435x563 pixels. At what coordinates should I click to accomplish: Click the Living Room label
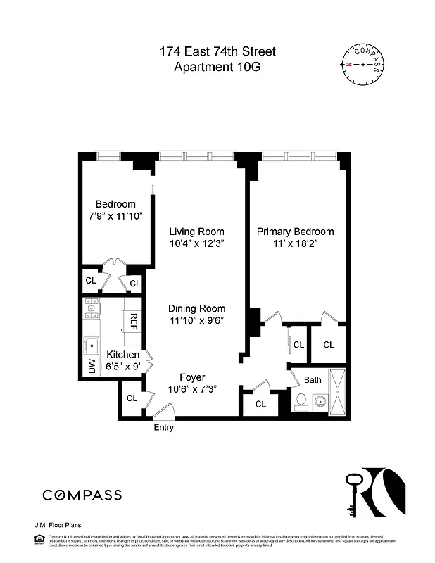[x=196, y=232]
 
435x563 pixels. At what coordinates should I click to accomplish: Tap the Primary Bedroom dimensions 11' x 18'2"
[x=295, y=244]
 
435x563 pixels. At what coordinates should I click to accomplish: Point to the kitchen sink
[x=92, y=344]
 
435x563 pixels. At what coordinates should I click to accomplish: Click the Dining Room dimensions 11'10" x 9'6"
[x=196, y=321]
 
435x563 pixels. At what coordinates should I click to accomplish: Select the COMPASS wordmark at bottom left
[x=82, y=495]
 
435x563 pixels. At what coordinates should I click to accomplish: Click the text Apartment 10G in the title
[x=217, y=68]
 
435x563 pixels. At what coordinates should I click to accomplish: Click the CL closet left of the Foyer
[x=132, y=398]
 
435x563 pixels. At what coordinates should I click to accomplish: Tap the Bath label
[x=313, y=380]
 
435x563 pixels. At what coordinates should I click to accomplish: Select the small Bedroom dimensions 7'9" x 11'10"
[x=115, y=216]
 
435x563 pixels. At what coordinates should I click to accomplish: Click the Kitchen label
[x=122, y=355]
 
